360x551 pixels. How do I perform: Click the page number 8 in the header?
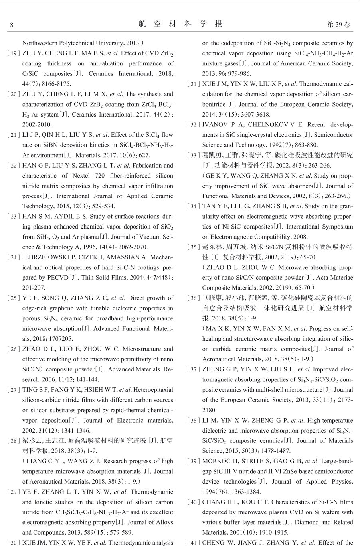coord(12,25)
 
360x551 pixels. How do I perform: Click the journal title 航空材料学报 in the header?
coord(180,24)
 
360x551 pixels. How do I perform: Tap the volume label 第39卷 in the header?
coord(338,24)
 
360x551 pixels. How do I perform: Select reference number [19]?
coord(14,53)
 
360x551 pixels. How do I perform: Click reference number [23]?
coord(14,217)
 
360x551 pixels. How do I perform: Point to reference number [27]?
coord(14,390)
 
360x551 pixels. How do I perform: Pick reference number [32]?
coord(194,125)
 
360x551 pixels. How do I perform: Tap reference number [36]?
coord(194,298)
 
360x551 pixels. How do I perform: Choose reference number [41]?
coord(194,543)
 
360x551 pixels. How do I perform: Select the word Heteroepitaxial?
coord(153,390)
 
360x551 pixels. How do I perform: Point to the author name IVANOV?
coord(216,125)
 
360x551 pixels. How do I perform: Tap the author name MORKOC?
coord(217,461)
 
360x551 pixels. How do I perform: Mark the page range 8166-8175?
coord(56,84)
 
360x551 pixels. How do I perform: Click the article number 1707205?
coord(60,339)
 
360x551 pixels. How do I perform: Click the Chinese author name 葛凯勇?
coord(212,155)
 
